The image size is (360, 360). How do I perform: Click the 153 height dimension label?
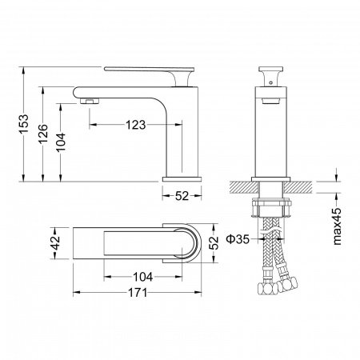coord(23,124)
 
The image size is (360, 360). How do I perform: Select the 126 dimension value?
coord(42,133)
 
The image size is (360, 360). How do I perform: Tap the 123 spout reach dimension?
coord(135,125)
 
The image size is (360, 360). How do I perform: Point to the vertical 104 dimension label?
coord(61,142)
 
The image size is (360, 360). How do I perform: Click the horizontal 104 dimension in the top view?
coord(142,277)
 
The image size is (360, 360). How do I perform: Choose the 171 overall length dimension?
coord(138,293)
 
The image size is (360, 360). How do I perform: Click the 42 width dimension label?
coord(56,242)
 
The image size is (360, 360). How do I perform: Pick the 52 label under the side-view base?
coord(182,196)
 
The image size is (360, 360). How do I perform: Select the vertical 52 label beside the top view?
coord(214,242)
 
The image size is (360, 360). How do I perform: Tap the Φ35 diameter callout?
coord(238,239)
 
